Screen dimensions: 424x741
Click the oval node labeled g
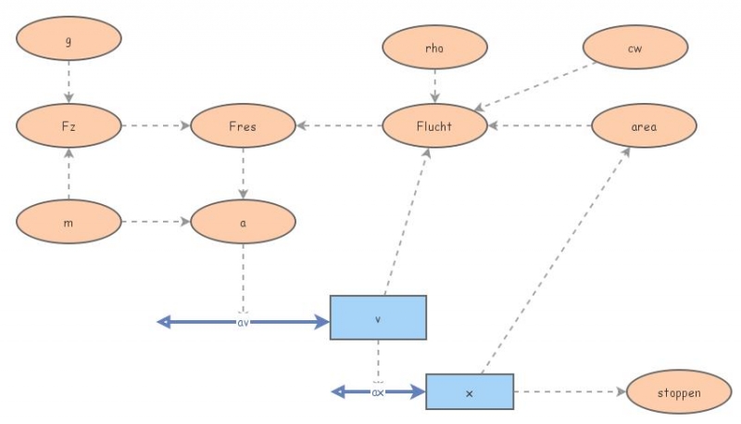[69, 41]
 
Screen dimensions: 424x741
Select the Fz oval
[69, 125]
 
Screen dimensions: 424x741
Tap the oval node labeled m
[69, 222]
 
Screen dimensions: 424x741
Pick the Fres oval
[243, 125]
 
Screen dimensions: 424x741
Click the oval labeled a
[243, 223]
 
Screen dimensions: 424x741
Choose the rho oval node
[434, 49]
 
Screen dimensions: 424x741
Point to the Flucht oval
[434, 126]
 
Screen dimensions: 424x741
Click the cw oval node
[634, 49]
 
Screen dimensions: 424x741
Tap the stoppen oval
[679, 393]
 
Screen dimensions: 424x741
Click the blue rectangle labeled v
[378, 318]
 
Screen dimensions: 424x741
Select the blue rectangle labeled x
[469, 393]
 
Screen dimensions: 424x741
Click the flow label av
[243, 322]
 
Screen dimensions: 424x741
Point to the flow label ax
[378, 392]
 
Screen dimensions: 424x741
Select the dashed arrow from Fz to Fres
[155, 125]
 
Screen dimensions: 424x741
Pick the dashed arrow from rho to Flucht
[434, 87]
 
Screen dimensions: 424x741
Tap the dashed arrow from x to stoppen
[570, 392]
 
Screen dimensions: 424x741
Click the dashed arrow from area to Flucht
[539, 126]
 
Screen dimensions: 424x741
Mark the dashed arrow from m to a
[155, 222]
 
